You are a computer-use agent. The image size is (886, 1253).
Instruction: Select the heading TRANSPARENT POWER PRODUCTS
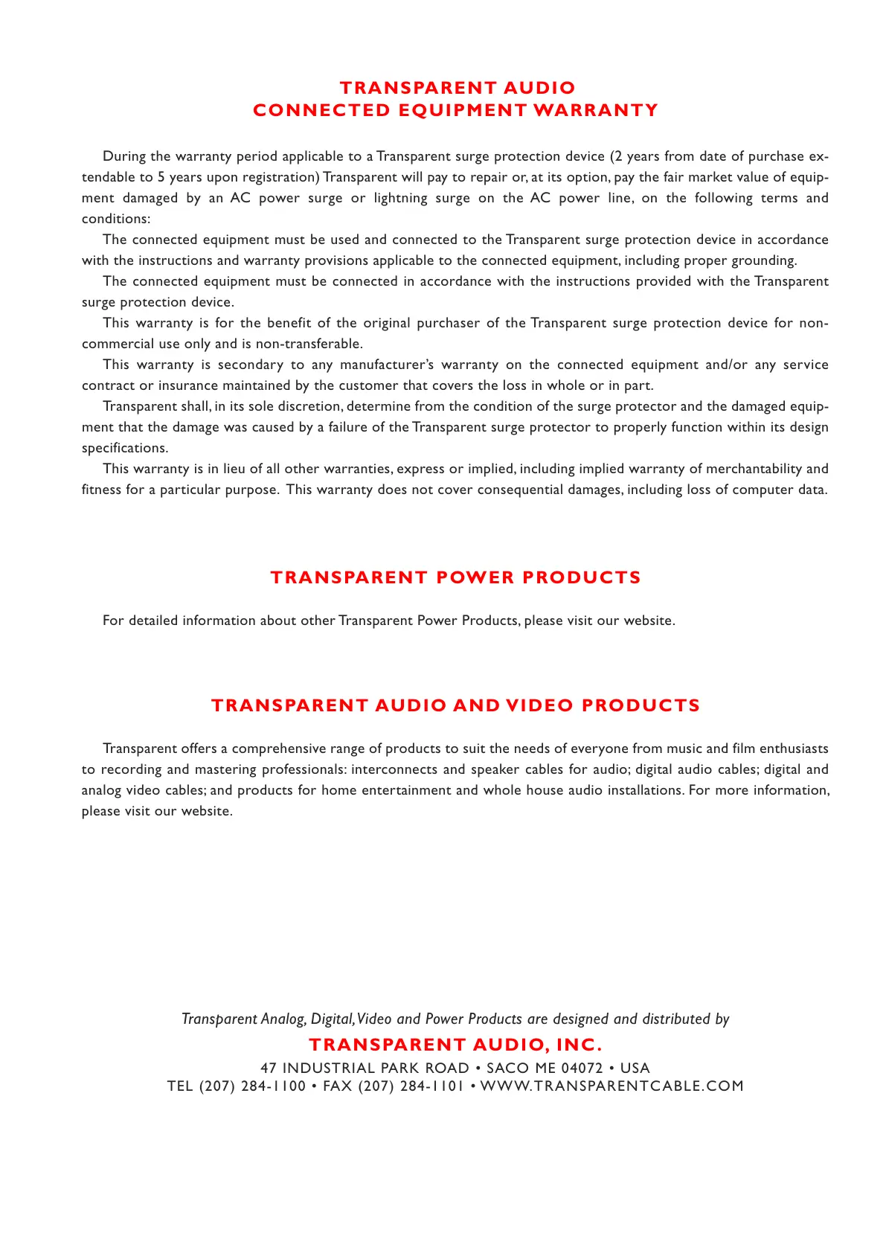point(455,577)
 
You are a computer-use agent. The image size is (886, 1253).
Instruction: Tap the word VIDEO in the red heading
point(540,705)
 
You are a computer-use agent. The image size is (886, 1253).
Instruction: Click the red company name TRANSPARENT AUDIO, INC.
point(455,1045)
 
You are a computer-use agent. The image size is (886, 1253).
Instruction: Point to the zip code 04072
point(582,1068)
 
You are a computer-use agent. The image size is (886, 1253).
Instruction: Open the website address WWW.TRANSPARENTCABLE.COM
point(611,1086)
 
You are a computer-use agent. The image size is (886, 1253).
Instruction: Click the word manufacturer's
point(386,365)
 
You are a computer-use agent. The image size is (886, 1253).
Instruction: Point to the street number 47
point(269,1068)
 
